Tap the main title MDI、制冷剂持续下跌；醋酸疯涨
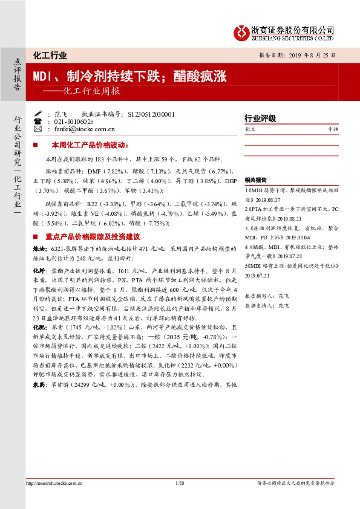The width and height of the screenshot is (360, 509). (x=129, y=76)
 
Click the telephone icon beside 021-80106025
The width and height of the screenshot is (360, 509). (x=38, y=121)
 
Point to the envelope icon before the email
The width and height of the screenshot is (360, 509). (x=38, y=129)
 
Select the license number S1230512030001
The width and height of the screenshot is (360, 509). (x=152, y=114)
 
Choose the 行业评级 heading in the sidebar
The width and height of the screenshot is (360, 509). (x=260, y=118)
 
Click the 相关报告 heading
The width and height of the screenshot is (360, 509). (x=256, y=180)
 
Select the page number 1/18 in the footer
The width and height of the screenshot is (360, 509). (x=180, y=483)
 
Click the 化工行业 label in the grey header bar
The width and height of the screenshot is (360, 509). (x=50, y=56)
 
